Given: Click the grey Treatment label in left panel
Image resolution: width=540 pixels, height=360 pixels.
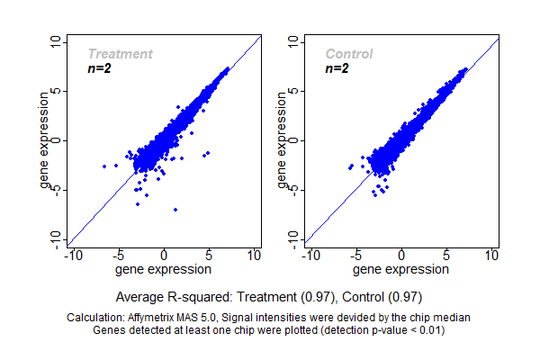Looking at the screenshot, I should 120,54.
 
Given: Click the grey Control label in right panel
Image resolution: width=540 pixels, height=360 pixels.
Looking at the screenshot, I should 349,54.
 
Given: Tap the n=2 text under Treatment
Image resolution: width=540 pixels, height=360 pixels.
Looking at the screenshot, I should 99,68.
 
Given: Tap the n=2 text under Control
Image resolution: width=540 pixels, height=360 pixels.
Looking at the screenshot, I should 337,68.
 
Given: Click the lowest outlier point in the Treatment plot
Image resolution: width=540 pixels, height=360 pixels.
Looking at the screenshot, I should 175,210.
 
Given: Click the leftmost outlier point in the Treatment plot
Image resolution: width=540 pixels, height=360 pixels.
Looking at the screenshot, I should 104,166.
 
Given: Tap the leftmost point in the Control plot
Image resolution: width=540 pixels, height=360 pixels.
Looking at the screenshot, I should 350,166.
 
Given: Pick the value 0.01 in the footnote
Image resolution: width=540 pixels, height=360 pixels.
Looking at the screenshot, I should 431,329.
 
